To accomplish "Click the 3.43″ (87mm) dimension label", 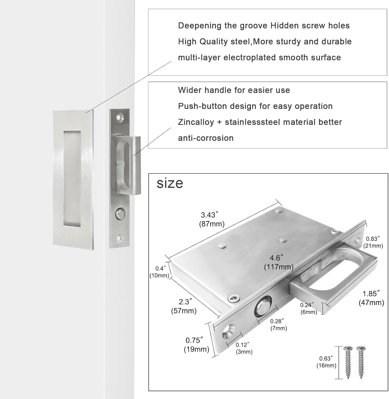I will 212,219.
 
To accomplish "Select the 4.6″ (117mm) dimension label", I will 278,262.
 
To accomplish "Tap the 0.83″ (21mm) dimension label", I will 373,242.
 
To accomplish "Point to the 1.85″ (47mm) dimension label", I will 371,298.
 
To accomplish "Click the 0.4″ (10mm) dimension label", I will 159,272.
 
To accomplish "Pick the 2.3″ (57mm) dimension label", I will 184,306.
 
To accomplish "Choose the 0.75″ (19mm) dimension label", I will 196,344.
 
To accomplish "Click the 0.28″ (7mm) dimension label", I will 278,325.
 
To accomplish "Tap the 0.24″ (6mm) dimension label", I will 308,308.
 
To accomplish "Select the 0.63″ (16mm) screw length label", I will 326,362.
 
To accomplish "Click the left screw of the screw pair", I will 348,362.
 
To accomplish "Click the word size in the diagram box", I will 170,183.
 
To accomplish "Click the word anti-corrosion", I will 206,138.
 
